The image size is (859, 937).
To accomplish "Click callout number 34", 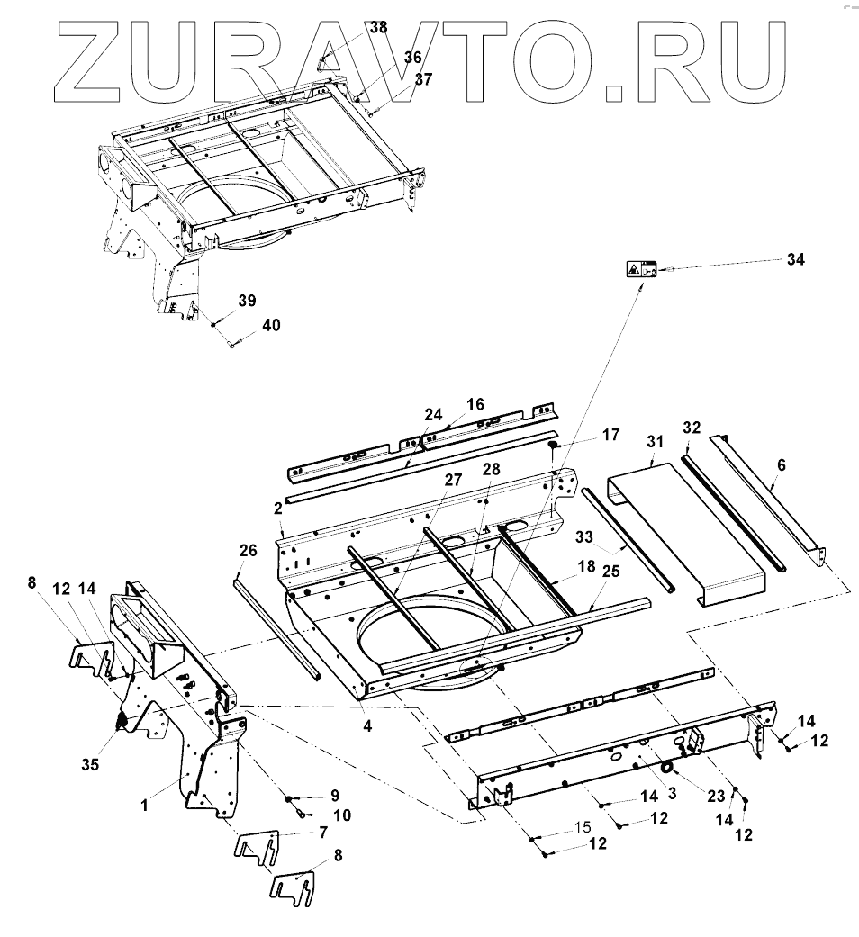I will (795, 260).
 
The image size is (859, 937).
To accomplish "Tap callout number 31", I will (654, 441).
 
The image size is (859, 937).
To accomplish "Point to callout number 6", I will (781, 465).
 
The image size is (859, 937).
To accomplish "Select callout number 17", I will (610, 435).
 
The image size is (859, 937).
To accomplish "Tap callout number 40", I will (271, 325).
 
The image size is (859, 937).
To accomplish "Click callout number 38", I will (378, 27).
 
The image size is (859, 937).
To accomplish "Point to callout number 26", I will (249, 550).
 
